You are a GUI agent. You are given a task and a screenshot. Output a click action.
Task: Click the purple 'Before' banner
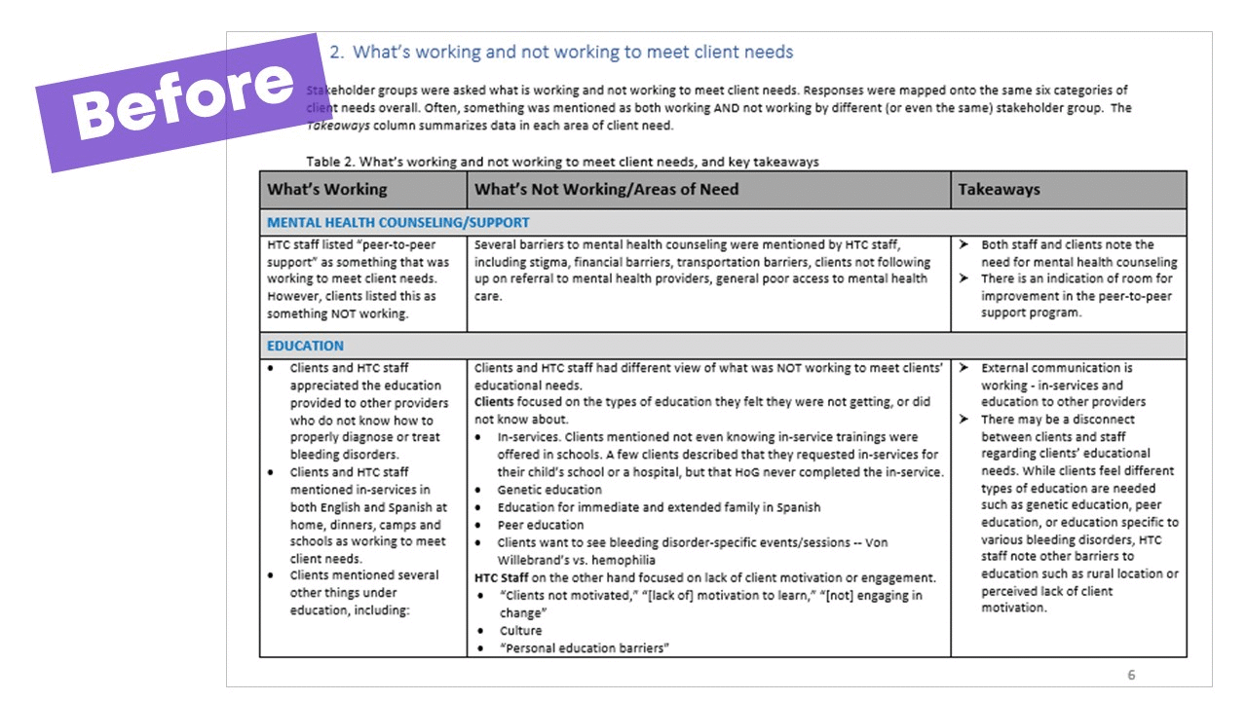(x=181, y=102)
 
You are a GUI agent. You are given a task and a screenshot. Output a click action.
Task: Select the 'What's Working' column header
(x=327, y=190)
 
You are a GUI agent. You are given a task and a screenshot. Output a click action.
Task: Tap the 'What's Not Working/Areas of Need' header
(x=606, y=190)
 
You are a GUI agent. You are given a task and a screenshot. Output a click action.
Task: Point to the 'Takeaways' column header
(x=999, y=190)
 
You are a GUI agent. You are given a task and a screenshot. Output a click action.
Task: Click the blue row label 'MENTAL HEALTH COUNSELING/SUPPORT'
(x=398, y=223)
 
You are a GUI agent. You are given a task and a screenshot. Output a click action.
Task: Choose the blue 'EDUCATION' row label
(x=305, y=346)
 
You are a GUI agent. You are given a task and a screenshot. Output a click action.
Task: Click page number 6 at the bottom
(x=1131, y=675)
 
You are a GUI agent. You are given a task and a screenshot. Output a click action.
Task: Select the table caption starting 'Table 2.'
(x=562, y=162)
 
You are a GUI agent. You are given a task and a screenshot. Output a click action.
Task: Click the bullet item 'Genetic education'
(x=549, y=490)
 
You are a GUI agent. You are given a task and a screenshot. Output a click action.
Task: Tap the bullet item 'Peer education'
(x=542, y=525)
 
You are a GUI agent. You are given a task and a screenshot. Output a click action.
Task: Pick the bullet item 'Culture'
(x=520, y=631)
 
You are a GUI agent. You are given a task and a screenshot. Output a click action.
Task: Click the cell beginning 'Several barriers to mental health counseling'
(x=701, y=271)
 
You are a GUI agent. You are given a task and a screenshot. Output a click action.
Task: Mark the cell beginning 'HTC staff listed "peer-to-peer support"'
(x=359, y=279)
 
